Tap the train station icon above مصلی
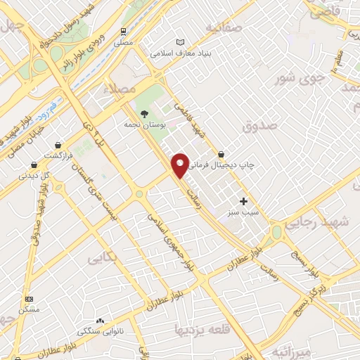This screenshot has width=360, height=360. [124, 31]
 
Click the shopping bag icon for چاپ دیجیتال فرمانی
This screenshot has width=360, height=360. [221, 154]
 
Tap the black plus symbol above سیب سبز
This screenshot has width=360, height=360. [243, 201]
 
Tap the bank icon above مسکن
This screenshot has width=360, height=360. [29, 299]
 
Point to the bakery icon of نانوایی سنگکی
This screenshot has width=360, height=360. [100, 321]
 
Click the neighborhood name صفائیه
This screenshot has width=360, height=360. [224, 27]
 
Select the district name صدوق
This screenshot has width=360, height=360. [260, 126]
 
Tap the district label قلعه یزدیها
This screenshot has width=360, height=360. [202, 329]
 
